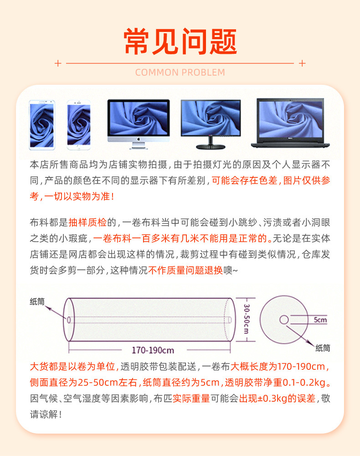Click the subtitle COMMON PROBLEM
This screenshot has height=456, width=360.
tap(180, 73)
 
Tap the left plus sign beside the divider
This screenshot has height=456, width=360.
tap(57, 63)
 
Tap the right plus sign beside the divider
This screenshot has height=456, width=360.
tap(302, 63)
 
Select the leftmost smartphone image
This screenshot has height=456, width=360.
tap(41, 125)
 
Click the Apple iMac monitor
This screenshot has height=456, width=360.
tap(138, 123)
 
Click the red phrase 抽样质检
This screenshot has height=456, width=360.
tap(87, 223)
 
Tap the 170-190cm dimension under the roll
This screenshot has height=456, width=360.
tap(153, 350)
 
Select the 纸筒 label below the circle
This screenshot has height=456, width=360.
tap(323, 348)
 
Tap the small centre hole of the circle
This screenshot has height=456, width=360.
tap(284, 320)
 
